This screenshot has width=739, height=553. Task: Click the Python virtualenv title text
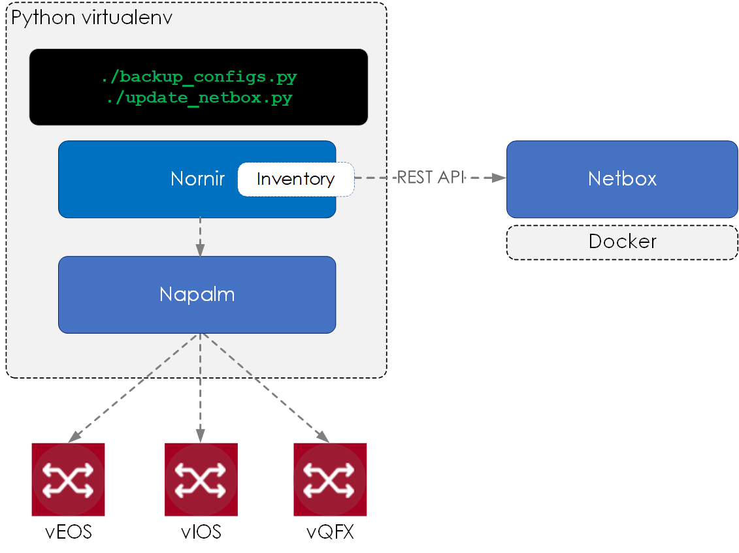tap(91, 18)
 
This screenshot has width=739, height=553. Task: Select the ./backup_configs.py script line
tap(199, 76)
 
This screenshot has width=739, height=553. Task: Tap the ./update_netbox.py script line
tap(199, 99)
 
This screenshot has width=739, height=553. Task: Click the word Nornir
tap(197, 179)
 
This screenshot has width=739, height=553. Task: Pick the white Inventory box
tap(295, 180)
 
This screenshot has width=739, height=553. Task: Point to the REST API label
tap(431, 178)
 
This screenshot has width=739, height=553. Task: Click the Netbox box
tap(622, 179)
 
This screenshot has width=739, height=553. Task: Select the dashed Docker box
tap(622, 242)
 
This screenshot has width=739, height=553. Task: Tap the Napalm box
tap(197, 294)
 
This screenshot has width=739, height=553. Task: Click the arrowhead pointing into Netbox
tap(499, 178)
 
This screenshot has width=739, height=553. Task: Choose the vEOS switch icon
tap(68, 480)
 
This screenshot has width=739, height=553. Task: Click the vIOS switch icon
tap(201, 480)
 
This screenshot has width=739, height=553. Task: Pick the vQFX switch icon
tap(330, 480)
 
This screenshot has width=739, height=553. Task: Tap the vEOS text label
tap(69, 532)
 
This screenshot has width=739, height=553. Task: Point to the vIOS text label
tap(201, 532)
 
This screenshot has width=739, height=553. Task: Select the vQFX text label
tap(330, 532)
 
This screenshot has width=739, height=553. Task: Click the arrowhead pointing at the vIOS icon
tap(200, 435)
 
